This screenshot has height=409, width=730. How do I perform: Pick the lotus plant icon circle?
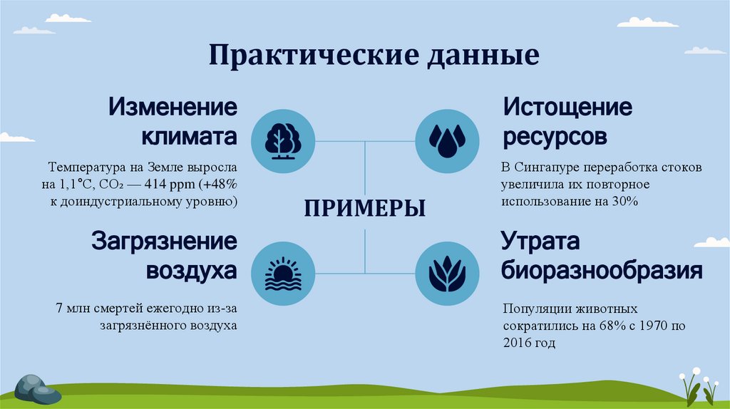[448, 274]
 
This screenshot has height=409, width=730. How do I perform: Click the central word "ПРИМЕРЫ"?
[365, 208]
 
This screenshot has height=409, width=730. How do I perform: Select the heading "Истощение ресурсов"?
[567, 121]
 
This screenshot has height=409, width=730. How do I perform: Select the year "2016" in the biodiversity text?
[517, 343]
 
